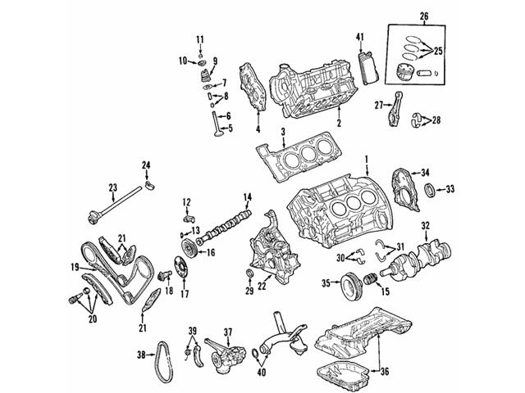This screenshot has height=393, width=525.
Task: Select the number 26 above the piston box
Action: (x=423, y=15)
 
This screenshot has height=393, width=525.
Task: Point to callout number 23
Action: (x=113, y=187)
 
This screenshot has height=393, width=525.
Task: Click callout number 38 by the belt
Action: (x=140, y=355)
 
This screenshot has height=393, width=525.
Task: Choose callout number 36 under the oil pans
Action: (x=386, y=371)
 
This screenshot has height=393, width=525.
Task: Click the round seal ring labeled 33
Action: (x=429, y=191)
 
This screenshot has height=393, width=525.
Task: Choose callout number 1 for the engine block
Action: (x=367, y=158)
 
